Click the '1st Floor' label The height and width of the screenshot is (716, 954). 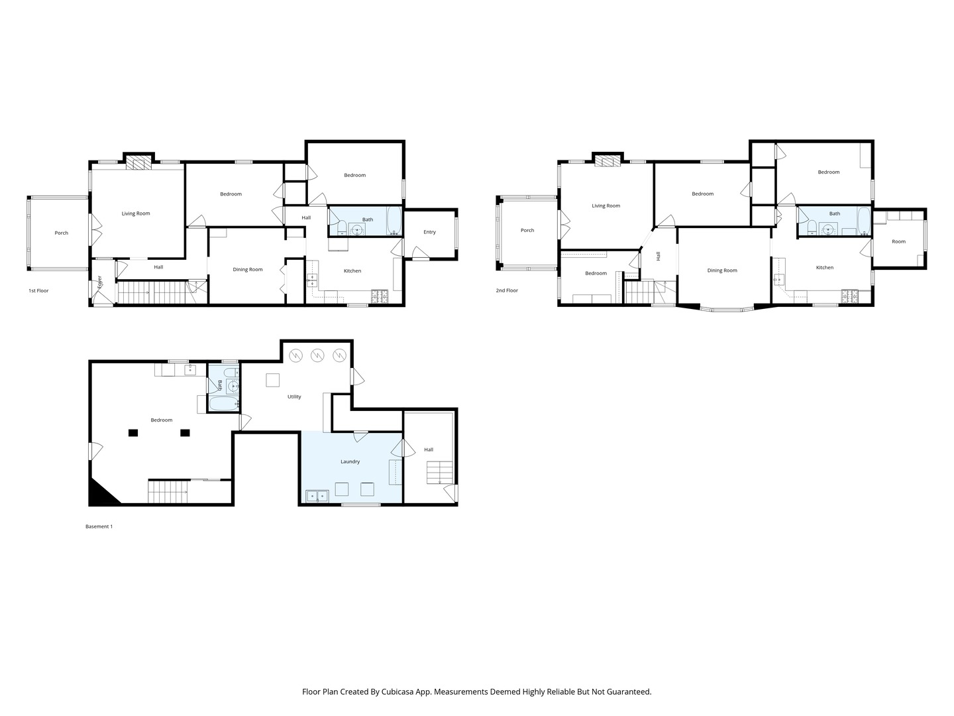pyautogui.click(x=38, y=290)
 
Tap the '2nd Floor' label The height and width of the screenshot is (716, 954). pyautogui.click(x=507, y=290)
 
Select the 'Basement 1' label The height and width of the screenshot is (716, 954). pyautogui.click(x=99, y=526)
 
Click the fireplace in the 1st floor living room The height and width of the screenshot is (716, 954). pyautogui.click(x=138, y=164)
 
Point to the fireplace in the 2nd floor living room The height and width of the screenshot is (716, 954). pyautogui.click(x=607, y=161)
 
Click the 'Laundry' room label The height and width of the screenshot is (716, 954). pyautogui.click(x=350, y=461)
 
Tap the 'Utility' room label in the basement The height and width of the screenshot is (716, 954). pyautogui.click(x=294, y=396)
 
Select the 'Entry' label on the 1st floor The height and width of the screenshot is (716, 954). pyautogui.click(x=429, y=232)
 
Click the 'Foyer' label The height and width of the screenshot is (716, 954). pyautogui.click(x=99, y=282)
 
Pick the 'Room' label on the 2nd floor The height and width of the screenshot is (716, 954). pyautogui.click(x=898, y=241)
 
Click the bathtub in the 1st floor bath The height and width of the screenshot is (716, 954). pyautogui.click(x=394, y=221)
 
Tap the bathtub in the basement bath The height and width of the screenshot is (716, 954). pyautogui.click(x=225, y=403)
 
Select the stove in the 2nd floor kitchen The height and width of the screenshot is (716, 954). pyautogui.click(x=849, y=296)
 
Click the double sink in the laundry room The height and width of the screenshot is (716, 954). pyautogui.click(x=317, y=496)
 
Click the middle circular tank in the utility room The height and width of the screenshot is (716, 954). pyautogui.click(x=317, y=355)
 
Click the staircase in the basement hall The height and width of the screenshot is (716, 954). pyautogui.click(x=439, y=473)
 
